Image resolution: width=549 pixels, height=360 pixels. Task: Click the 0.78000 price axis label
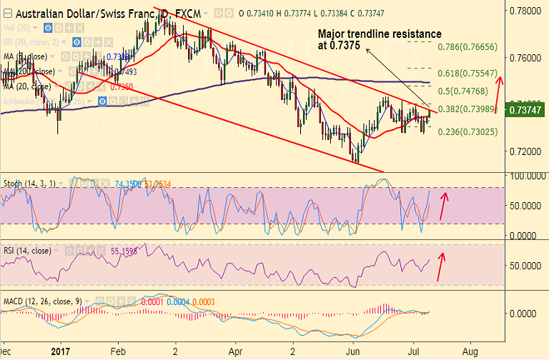coord(526,11)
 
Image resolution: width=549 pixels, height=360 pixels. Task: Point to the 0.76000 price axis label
coord(526,59)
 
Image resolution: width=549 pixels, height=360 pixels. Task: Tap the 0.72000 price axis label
coord(526,152)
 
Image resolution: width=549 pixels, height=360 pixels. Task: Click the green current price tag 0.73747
coord(526,110)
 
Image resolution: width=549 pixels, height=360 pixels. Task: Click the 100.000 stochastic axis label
coord(526,176)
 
